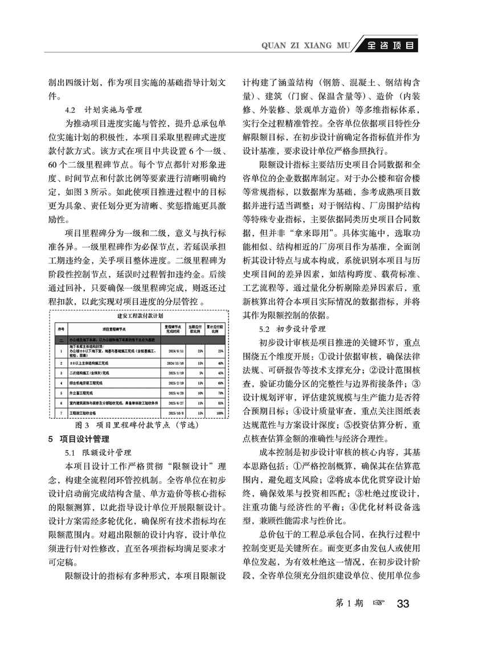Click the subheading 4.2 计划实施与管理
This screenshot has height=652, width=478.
104,109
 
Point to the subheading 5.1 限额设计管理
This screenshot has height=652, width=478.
99,453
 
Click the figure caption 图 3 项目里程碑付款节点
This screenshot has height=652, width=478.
132,424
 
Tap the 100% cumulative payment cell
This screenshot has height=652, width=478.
216,412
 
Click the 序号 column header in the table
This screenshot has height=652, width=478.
60,329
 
